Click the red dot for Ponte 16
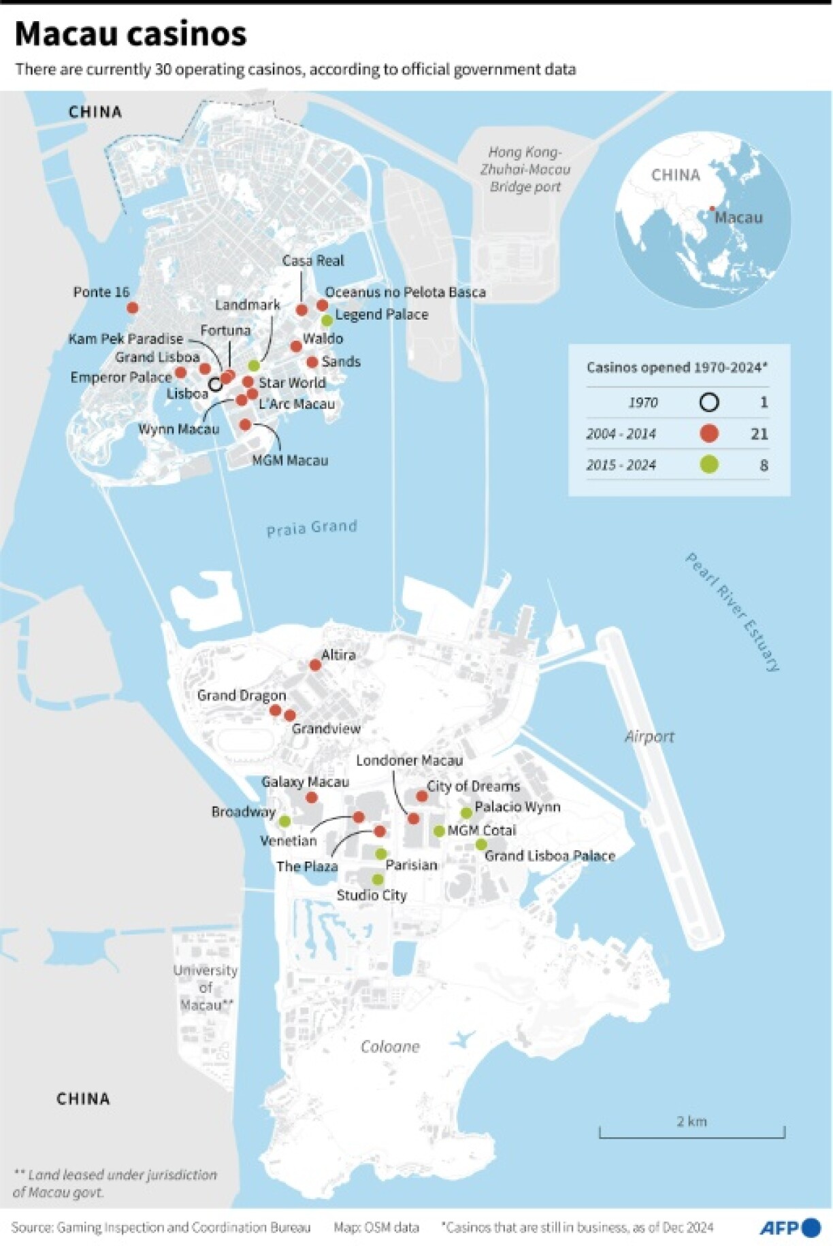(x=133, y=308)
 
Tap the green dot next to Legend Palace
(x=327, y=320)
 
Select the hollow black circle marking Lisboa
(x=215, y=384)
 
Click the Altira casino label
(x=338, y=655)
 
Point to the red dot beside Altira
(x=315, y=664)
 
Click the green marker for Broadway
(x=284, y=821)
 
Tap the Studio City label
(x=372, y=895)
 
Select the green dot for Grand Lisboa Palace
(x=481, y=845)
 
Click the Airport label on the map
(x=649, y=737)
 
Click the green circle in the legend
(x=709, y=465)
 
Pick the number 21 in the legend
(x=759, y=434)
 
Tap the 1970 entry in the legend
(x=642, y=403)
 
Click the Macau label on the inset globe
(x=738, y=218)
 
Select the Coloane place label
(x=390, y=1047)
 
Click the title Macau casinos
(x=131, y=34)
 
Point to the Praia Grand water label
(x=312, y=528)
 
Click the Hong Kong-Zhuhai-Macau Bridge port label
(x=525, y=169)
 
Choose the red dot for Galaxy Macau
(x=312, y=797)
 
